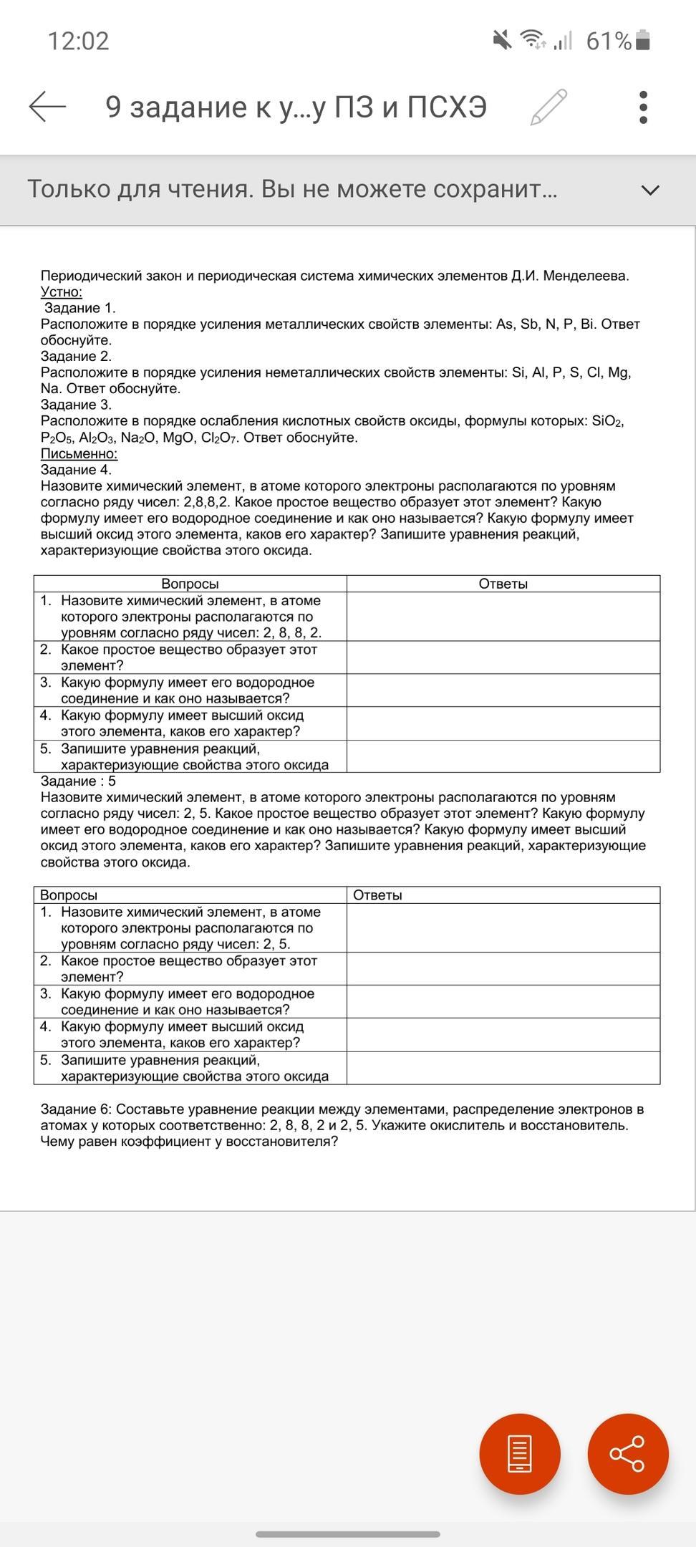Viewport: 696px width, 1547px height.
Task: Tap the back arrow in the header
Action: (x=47, y=107)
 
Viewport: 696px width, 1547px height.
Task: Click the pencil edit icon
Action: (x=548, y=107)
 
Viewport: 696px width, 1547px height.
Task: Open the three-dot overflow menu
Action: (x=642, y=107)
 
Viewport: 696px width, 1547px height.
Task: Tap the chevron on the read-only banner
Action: (x=650, y=191)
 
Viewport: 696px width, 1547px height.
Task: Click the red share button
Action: (x=627, y=1453)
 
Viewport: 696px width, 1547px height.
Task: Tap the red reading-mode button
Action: (x=520, y=1453)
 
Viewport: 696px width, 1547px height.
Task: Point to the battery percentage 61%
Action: (x=608, y=42)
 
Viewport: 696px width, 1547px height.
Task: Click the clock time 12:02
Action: (x=79, y=41)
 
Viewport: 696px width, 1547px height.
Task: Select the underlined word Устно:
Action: (x=62, y=292)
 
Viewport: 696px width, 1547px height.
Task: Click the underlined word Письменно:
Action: (x=79, y=453)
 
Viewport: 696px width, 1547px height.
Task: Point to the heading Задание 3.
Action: (x=76, y=405)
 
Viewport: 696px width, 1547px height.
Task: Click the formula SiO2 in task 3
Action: (x=607, y=421)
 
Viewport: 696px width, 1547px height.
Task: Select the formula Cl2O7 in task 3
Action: (x=219, y=438)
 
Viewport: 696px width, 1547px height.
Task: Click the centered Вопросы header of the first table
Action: (x=190, y=584)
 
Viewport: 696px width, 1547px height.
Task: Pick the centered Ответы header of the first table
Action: (x=503, y=584)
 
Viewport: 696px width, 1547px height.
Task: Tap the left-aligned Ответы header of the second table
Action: (x=377, y=895)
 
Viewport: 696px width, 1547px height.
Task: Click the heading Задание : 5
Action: (x=78, y=781)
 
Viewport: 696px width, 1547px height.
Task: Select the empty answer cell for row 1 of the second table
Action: (x=503, y=928)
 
